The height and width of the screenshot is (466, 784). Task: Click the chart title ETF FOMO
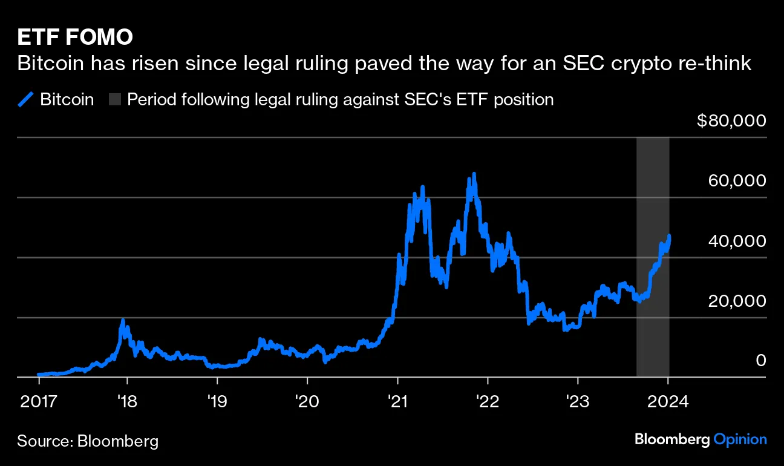point(75,38)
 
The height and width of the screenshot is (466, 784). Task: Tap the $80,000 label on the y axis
point(731,120)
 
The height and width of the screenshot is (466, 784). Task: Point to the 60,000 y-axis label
point(736,180)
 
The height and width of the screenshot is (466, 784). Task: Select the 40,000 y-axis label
point(736,240)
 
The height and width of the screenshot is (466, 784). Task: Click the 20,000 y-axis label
point(736,300)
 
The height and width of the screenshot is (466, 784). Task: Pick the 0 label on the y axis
point(761,360)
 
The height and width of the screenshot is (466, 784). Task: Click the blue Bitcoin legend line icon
point(25,99)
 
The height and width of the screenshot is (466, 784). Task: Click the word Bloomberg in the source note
point(118,441)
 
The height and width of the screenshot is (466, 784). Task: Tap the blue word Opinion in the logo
point(740,439)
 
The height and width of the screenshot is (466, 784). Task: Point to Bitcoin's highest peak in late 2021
point(474,174)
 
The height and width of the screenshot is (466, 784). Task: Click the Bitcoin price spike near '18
point(123,320)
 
